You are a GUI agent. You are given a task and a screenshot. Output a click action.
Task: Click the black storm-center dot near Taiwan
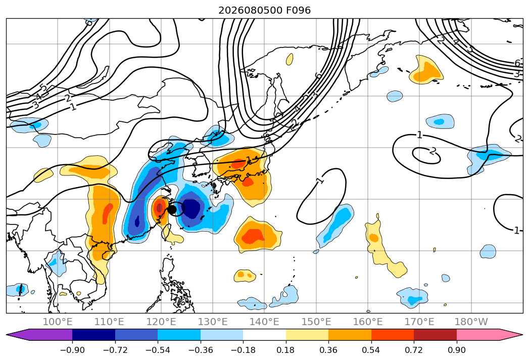pyautogui.click(x=172, y=209)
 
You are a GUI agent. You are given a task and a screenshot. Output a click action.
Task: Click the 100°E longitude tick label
pyautogui.click(x=58, y=322)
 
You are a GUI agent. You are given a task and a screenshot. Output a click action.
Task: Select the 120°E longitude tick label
pyautogui.click(x=161, y=322)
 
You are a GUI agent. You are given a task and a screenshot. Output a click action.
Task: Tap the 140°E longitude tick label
pyautogui.click(x=264, y=322)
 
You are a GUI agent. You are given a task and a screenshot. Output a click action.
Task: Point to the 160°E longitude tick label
pyautogui.click(x=368, y=322)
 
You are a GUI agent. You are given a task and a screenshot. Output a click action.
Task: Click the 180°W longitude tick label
pyautogui.click(x=471, y=322)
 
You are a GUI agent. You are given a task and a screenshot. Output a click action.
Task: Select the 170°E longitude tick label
pyautogui.click(x=419, y=322)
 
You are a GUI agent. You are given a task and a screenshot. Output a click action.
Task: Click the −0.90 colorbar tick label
pyautogui.click(x=72, y=350)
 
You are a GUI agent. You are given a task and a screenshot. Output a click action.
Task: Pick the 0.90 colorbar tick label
pyautogui.click(x=457, y=350)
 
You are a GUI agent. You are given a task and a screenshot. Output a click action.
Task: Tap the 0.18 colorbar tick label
pyautogui.click(x=286, y=350)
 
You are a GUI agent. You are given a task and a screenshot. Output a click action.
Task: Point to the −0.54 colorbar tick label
pyautogui.click(x=158, y=350)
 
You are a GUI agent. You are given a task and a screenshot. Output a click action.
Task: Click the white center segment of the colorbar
pyautogui.click(x=265, y=335)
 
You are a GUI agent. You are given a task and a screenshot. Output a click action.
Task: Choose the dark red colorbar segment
pyautogui.click(x=435, y=335)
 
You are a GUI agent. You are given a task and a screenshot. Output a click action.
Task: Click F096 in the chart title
pyautogui.click(x=298, y=11)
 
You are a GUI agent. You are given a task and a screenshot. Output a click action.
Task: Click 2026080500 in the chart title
pyautogui.click(x=250, y=11)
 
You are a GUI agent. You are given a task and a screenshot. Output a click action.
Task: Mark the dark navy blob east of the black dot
pyautogui.click(x=191, y=209)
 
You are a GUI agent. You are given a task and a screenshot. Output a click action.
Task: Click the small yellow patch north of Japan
pyautogui.click(x=290, y=60)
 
